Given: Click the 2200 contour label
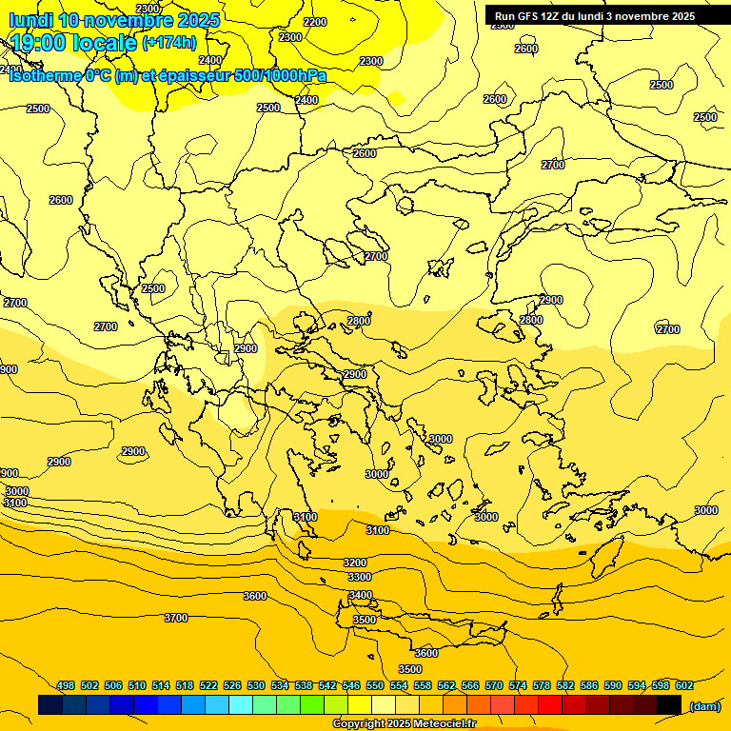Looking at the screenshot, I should (314, 22).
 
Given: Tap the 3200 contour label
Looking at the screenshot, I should (355, 563).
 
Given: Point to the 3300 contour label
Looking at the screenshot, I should (360, 578).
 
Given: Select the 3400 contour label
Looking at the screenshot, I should (361, 596).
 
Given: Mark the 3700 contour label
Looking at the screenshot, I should (176, 618).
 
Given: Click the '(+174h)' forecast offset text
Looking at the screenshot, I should (169, 42).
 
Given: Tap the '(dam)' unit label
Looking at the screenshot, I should (704, 705).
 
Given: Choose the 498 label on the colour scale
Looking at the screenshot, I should (66, 685).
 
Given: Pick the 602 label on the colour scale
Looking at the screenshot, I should (684, 685).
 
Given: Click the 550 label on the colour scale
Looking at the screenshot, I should (375, 685).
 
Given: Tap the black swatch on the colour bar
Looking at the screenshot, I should (669, 704).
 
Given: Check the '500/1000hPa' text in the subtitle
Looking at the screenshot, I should (282, 76).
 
